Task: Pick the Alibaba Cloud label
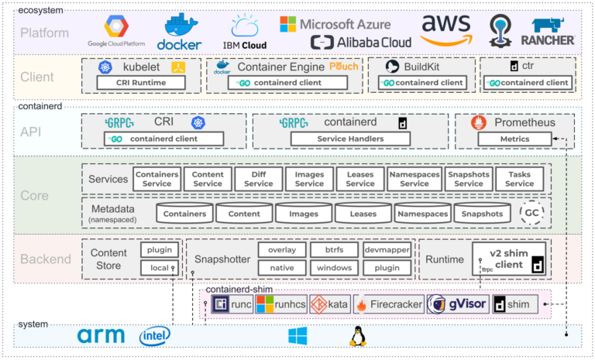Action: pos(361,42)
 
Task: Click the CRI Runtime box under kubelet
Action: pos(142,82)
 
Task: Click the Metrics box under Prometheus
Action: pos(514,139)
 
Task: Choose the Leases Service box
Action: pos(359,179)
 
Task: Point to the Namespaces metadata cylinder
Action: pos(422,214)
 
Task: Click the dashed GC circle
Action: pos(532,213)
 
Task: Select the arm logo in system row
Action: pos(101,336)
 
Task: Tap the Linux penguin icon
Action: pos(357,335)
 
